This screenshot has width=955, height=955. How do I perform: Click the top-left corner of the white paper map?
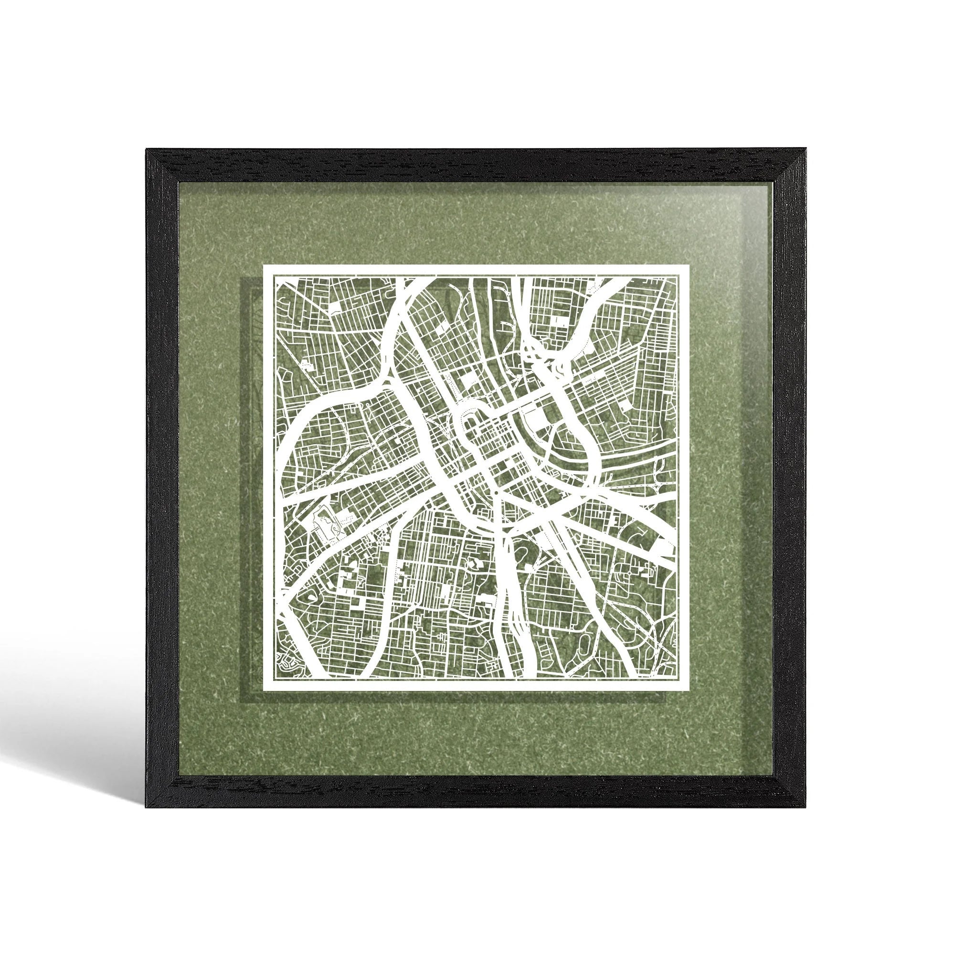tap(264, 266)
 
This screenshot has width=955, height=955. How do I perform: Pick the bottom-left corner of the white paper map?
tap(264, 690)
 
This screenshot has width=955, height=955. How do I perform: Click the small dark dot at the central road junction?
tap(495, 493)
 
